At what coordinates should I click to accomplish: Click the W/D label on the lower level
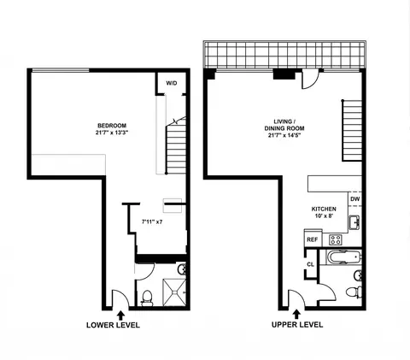pos(171,83)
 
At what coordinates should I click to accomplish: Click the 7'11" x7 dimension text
pos(152,222)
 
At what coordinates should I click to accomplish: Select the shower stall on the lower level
pos(173,290)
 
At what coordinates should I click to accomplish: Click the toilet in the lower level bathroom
pos(146,297)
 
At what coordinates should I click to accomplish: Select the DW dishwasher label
pos(354,199)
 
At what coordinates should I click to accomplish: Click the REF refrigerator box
pos(313,239)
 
